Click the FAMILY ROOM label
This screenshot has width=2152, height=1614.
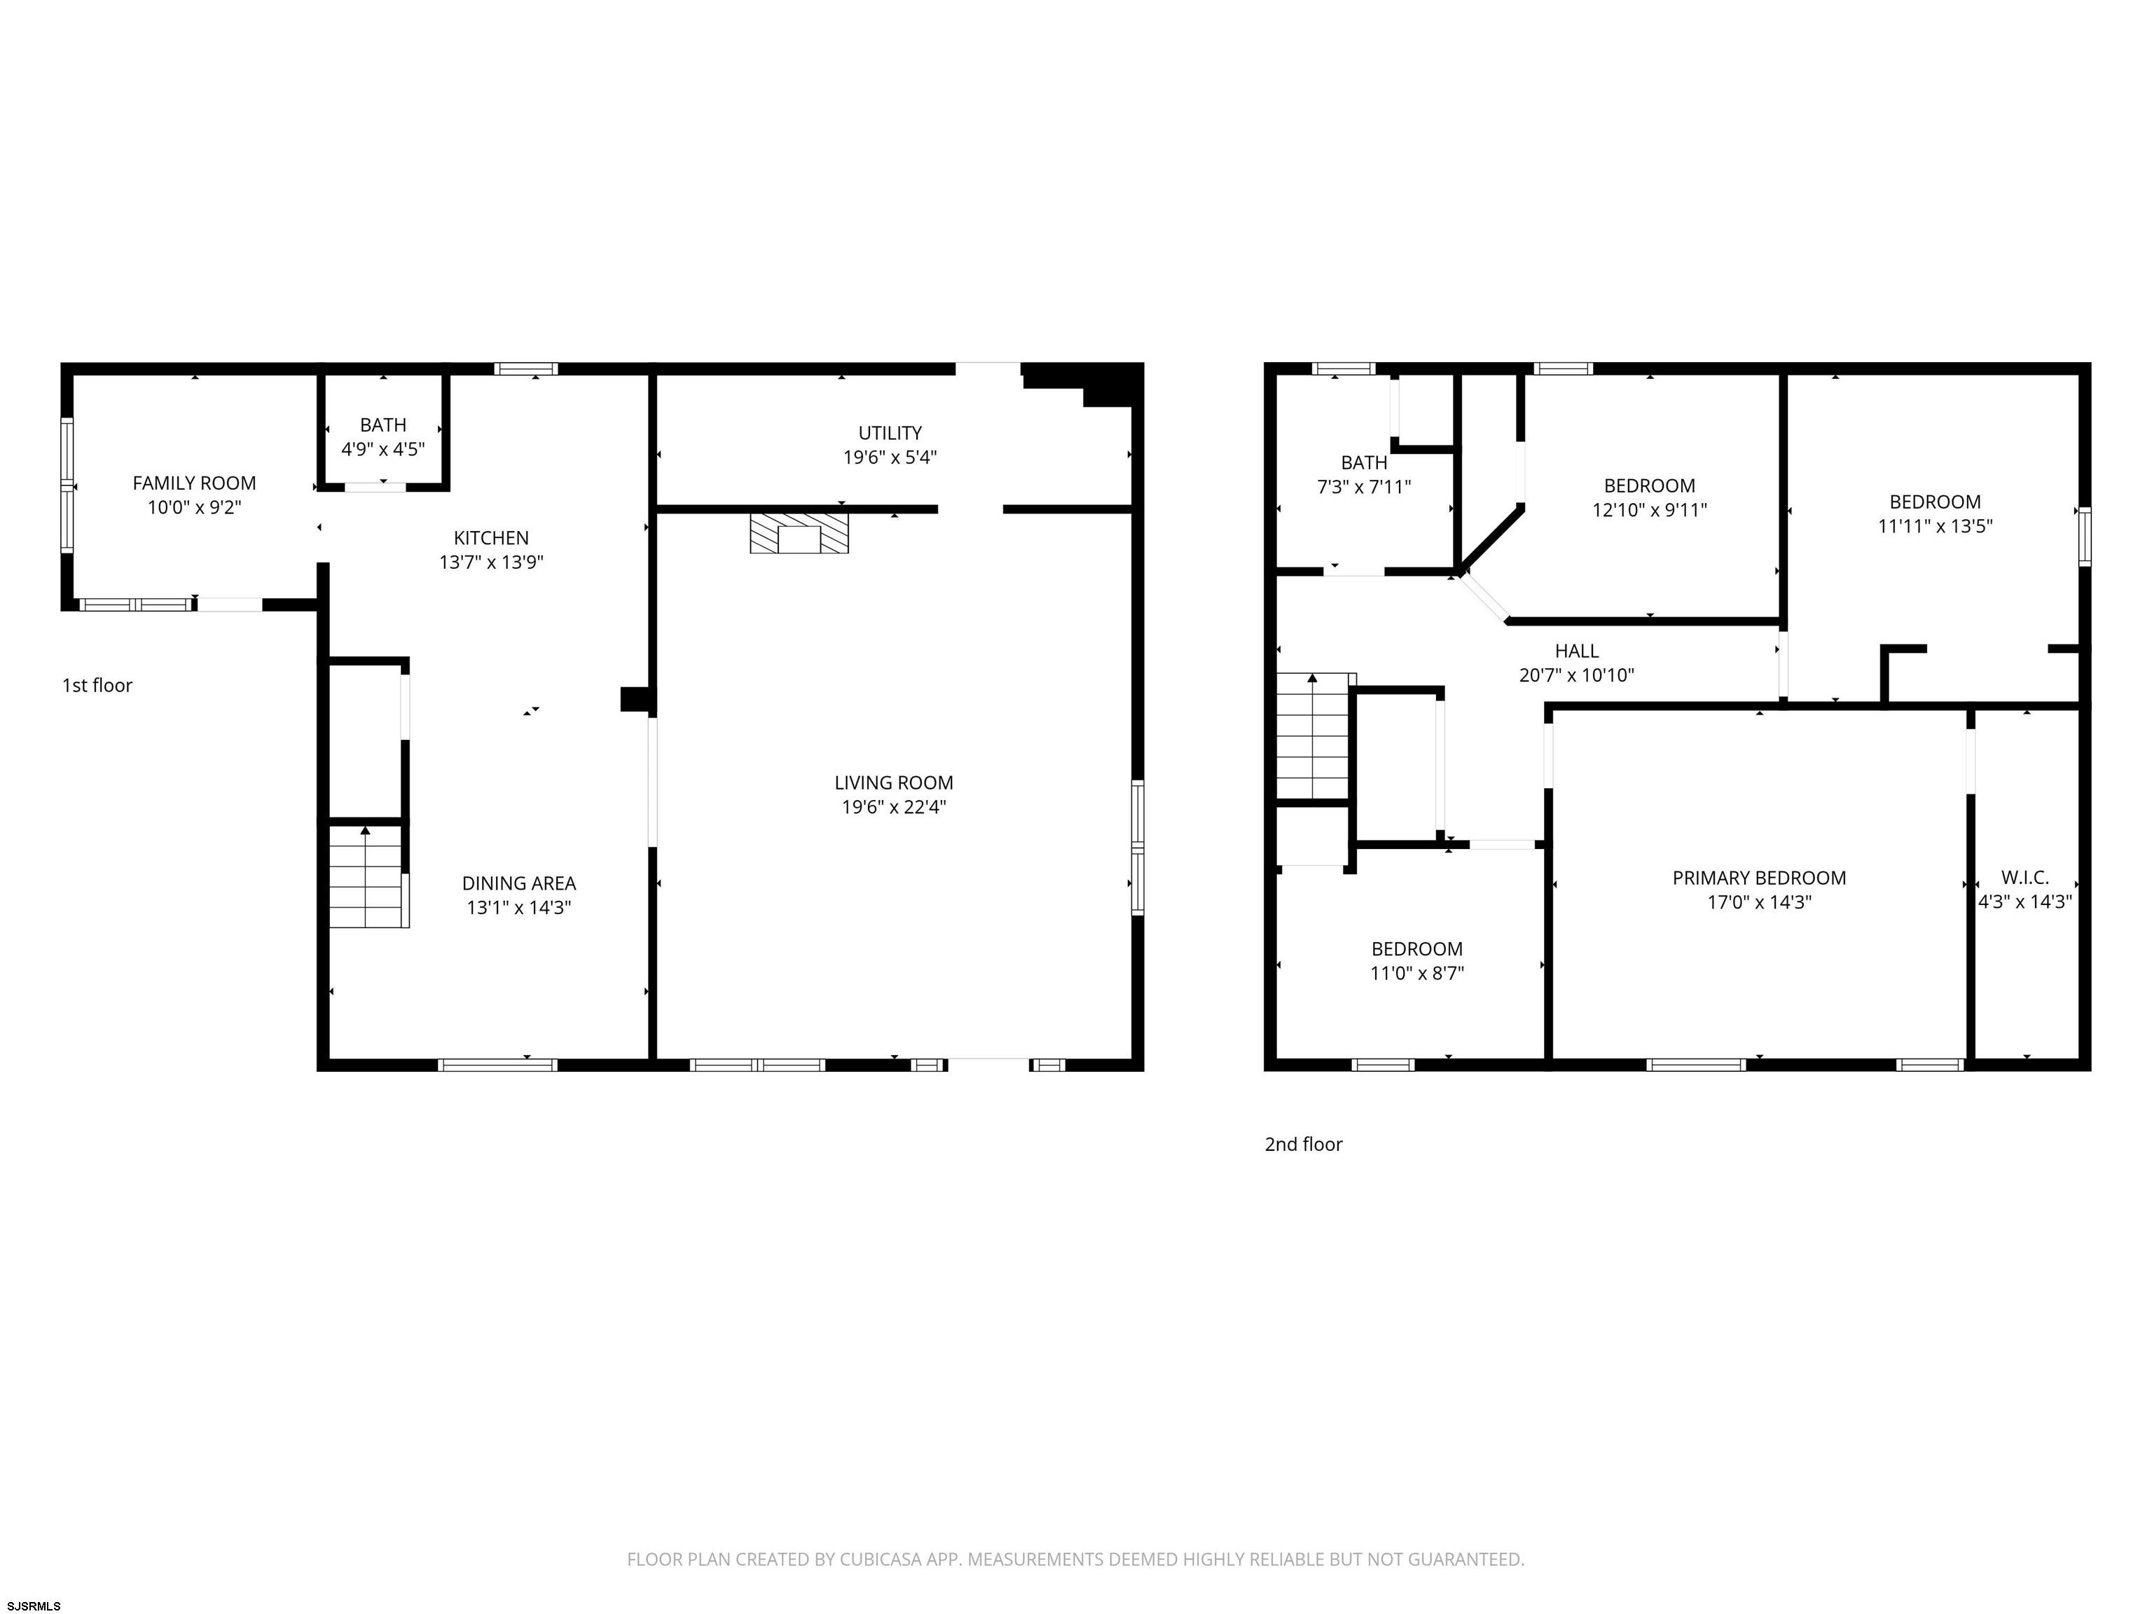point(195,483)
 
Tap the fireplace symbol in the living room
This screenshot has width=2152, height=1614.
point(799,534)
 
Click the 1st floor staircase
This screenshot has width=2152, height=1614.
point(366,876)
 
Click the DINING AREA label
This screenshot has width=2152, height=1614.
point(518,883)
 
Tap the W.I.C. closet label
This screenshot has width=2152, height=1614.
point(2025,878)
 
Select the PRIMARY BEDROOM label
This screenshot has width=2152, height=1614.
point(1759,878)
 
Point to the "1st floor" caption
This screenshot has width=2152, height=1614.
point(97,686)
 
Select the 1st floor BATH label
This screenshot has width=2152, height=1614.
point(383,425)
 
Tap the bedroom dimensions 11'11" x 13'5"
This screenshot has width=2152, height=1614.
point(1935,526)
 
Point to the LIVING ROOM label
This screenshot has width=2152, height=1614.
point(894,783)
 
